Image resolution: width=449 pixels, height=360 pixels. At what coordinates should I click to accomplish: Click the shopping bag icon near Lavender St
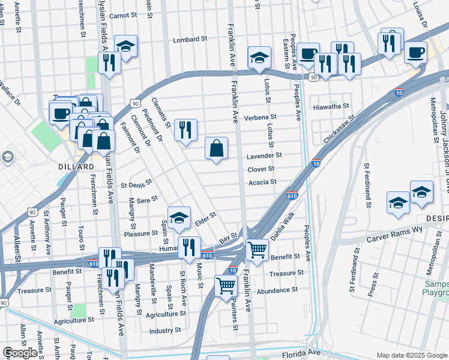point(216,148)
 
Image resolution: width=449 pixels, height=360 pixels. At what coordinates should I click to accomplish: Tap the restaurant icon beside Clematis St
point(185,130)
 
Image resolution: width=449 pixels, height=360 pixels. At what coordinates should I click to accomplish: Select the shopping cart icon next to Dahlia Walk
point(257,248)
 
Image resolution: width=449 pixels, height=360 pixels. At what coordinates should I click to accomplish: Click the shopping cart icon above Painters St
point(226,286)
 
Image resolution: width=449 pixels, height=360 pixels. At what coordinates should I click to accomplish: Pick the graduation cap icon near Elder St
point(179,219)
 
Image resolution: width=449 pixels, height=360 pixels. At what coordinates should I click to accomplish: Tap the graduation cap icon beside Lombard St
point(126,46)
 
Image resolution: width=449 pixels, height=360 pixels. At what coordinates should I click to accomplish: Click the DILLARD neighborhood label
point(76,166)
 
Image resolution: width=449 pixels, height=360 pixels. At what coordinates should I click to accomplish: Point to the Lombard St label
point(190,40)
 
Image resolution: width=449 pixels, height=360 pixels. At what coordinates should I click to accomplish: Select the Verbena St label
point(260,117)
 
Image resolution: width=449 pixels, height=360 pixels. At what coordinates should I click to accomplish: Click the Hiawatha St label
point(331,106)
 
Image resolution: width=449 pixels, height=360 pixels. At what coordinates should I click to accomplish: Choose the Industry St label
point(165,330)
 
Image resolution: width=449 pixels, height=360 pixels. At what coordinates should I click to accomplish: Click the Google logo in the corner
point(20,352)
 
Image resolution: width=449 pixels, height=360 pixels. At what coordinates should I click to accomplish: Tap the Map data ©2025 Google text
point(411,355)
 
